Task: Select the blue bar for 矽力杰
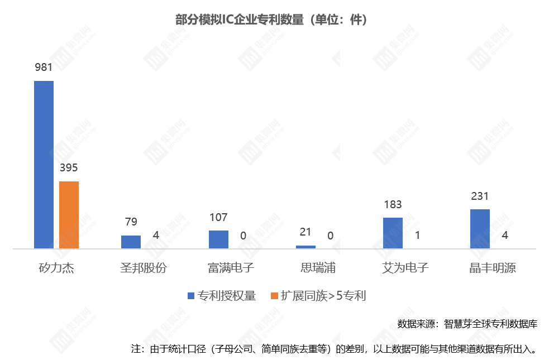[x=44, y=165]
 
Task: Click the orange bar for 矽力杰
[x=69, y=215]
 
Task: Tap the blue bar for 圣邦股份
[x=131, y=242]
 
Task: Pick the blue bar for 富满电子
[x=218, y=239]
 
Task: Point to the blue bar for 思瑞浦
[x=305, y=247]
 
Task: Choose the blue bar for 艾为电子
[x=393, y=233]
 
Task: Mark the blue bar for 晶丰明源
[x=480, y=229]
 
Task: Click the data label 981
[x=44, y=68]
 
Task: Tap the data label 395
[x=69, y=168]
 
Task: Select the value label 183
[x=393, y=204]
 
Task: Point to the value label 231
[x=480, y=196]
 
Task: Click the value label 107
[x=218, y=217]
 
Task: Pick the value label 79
[x=131, y=222]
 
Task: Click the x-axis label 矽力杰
[x=56, y=267]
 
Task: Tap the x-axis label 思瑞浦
[x=318, y=267]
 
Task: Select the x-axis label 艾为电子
[x=405, y=267]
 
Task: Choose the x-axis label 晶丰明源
[x=492, y=267]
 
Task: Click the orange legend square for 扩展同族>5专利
[x=274, y=296]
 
